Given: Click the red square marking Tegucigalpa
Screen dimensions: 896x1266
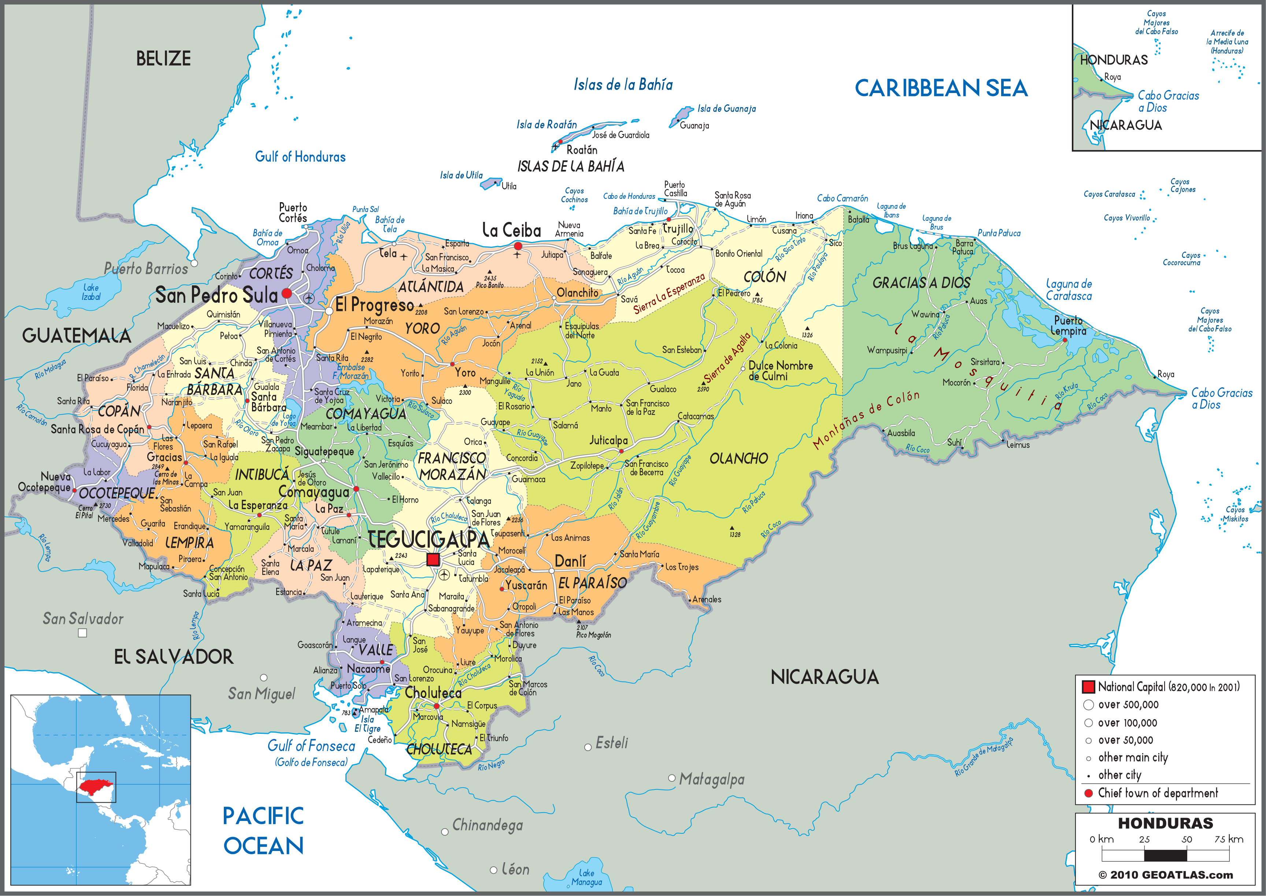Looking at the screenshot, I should point(433,560).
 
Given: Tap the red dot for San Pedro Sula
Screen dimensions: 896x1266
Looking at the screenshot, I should point(287,294).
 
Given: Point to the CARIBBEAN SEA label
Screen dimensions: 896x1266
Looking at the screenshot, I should point(941,88).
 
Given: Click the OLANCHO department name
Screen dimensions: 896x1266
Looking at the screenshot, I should point(738,458).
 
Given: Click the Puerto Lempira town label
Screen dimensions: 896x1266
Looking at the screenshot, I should point(1069,326).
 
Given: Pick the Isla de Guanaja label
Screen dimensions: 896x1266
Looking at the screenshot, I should point(726,109).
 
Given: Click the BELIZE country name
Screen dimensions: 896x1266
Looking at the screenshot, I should point(163,59).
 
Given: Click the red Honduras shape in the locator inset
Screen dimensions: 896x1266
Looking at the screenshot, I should point(95,786).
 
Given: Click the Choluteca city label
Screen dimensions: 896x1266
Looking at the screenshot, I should point(433,692).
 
